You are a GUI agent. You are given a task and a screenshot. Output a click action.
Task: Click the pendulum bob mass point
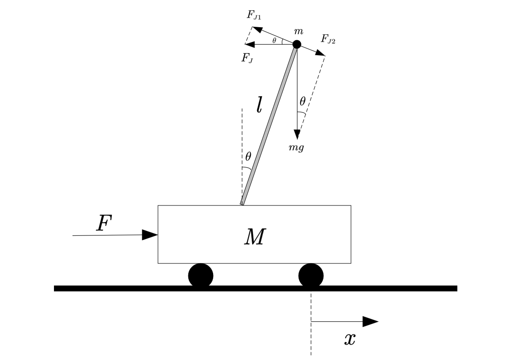click(297, 44)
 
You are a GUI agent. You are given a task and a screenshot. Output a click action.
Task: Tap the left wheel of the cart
click(201, 275)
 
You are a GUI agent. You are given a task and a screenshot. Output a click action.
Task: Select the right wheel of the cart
click(311, 275)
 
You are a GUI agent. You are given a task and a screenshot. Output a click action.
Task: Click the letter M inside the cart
click(255, 237)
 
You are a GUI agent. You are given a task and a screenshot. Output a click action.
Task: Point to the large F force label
click(104, 223)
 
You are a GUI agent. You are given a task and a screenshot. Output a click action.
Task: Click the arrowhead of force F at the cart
click(150, 235)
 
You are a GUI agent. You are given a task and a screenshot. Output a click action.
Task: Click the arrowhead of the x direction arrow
click(370, 321)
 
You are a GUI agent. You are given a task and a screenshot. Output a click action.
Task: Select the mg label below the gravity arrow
click(296, 148)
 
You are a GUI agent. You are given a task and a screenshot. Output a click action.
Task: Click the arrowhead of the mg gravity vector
click(297, 134)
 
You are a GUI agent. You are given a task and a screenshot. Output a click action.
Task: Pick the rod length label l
click(259, 105)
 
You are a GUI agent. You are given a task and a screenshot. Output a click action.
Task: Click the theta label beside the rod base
click(248, 157)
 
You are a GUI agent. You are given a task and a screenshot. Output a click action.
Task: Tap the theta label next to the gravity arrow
click(302, 102)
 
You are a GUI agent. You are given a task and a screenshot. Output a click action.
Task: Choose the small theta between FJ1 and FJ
click(274, 40)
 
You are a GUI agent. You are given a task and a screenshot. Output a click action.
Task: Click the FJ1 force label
click(254, 15)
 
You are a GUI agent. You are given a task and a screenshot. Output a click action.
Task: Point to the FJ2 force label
click(328, 39)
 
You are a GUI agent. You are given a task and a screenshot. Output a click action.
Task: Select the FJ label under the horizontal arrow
click(247, 58)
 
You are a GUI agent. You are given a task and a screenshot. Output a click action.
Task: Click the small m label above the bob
click(298, 31)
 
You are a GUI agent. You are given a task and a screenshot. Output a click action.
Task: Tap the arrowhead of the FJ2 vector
click(320, 53)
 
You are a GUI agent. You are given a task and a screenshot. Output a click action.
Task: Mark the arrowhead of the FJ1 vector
click(257, 29)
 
